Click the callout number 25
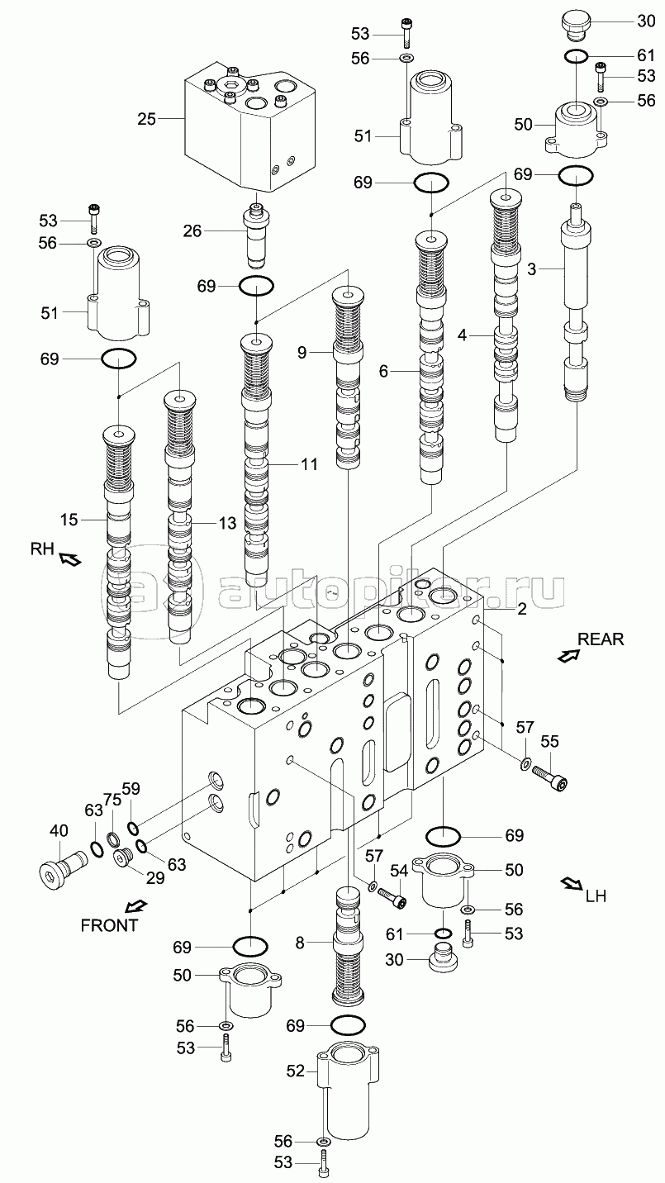[147, 119]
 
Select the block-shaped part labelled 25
[250, 126]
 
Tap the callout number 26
[192, 230]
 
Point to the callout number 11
[310, 464]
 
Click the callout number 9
[302, 352]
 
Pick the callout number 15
[69, 520]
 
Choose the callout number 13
[228, 524]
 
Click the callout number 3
[531, 269]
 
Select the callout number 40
[59, 831]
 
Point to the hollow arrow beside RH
[69, 558]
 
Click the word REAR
[601, 639]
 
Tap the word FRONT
[109, 925]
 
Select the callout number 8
[300, 943]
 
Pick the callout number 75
[112, 801]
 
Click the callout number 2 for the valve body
[522, 609]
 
